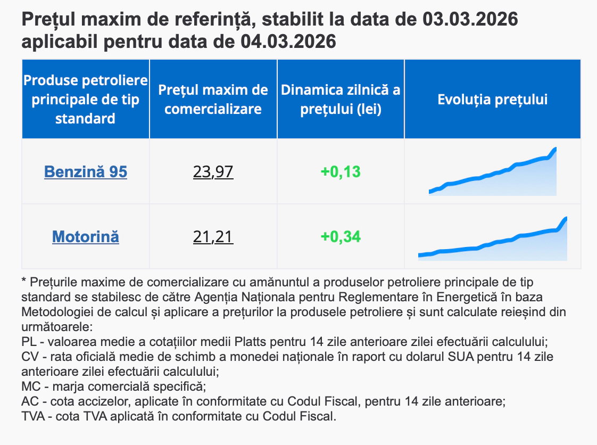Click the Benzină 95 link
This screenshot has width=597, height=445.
(x=86, y=172)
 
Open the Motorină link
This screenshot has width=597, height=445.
(x=86, y=236)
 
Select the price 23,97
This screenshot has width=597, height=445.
(x=213, y=172)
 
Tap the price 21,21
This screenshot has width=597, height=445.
(x=213, y=236)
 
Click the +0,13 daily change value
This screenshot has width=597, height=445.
(x=341, y=172)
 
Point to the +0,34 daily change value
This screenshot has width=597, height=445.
(x=341, y=236)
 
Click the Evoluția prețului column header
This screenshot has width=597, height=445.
(x=492, y=100)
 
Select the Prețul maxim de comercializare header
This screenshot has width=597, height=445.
(x=213, y=100)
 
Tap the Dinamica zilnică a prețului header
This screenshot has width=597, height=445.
(x=341, y=100)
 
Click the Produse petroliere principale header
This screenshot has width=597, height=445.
(x=86, y=100)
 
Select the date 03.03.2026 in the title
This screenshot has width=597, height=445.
(x=470, y=20)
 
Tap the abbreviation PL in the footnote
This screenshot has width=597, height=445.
(x=29, y=341)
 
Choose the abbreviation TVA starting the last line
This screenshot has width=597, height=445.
(x=33, y=416)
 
